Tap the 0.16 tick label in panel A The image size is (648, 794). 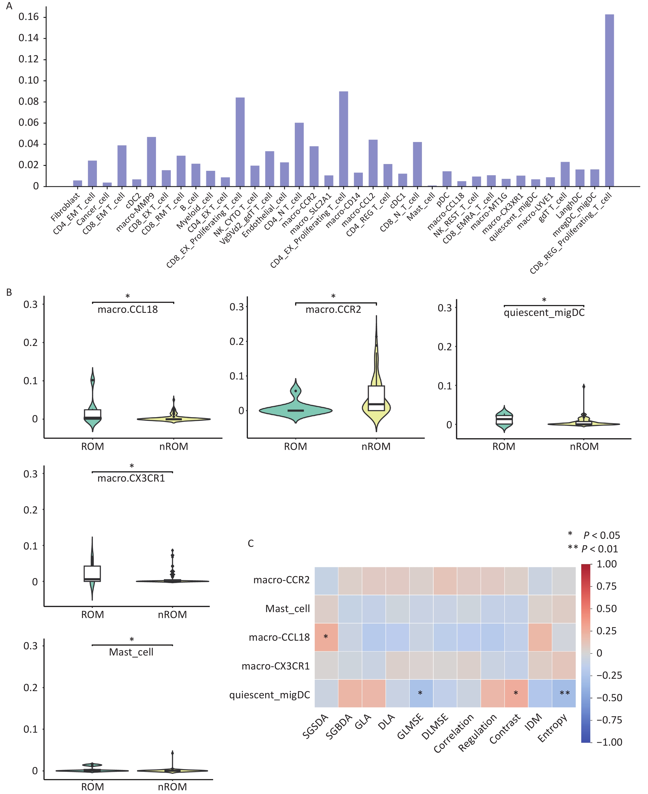tap(29, 17)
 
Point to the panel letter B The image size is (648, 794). tap(9, 292)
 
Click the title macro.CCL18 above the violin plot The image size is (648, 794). tap(128, 310)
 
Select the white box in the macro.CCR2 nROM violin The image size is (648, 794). tap(376, 398)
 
